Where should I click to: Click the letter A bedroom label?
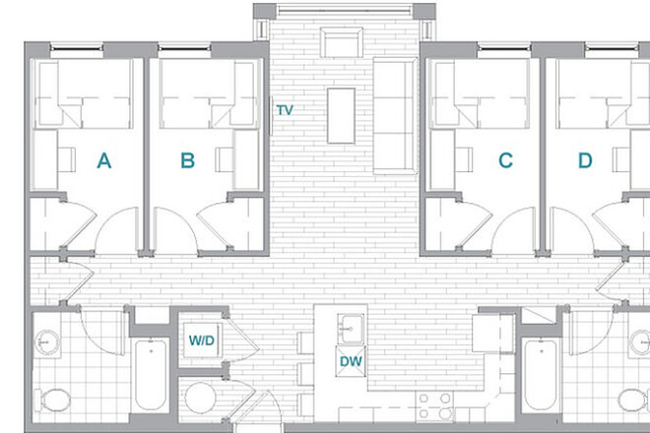tap(103, 160)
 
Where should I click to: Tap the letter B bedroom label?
tap(187, 160)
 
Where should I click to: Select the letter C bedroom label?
tap(505, 160)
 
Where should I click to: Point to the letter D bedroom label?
tap(585, 160)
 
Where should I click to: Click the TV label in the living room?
tap(285, 110)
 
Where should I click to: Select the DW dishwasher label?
tap(352, 361)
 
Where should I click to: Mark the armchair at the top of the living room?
tap(343, 44)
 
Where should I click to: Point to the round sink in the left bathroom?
tap(47, 342)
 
